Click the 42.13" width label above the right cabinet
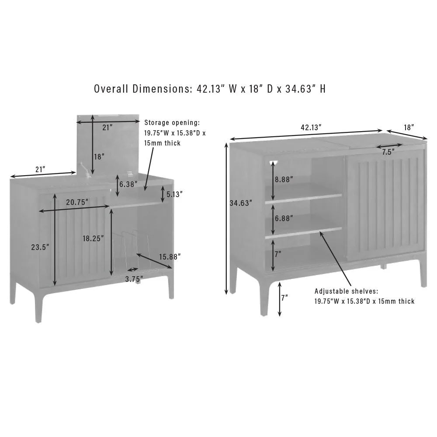pyautogui.click(x=311, y=127)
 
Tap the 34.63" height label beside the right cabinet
pyautogui.click(x=241, y=203)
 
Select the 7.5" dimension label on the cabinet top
pyautogui.click(x=388, y=152)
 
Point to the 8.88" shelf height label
pyautogui.click(x=284, y=179)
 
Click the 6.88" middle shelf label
pyautogui.click(x=284, y=218)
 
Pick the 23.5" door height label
pyautogui.click(x=40, y=247)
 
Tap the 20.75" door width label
pyautogui.click(x=77, y=202)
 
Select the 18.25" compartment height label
pyautogui.click(x=93, y=239)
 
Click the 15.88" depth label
pyautogui.click(x=170, y=257)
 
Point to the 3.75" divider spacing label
pyautogui.click(x=134, y=279)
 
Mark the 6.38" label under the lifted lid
pyautogui.click(x=128, y=184)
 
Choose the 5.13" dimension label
pyautogui.click(x=174, y=194)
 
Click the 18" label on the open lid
pyautogui.click(x=99, y=156)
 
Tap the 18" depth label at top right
pyautogui.click(x=409, y=127)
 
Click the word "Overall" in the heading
pyautogui.click(x=111, y=89)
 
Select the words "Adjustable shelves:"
pyautogui.click(x=347, y=291)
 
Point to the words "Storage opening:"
pyautogui.click(x=172, y=123)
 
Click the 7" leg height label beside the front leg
pyautogui.click(x=284, y=298)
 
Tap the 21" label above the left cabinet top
pyautogui.click(x=40, y=169)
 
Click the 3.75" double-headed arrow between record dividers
pyautogui.click(x=132, y=270)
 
